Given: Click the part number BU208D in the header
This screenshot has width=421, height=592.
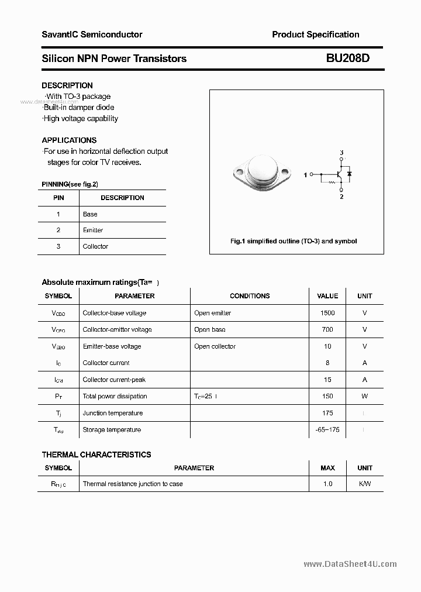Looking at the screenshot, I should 348,58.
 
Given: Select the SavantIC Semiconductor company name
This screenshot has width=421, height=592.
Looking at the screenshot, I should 92,35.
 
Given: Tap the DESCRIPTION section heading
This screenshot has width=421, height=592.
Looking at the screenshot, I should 67,85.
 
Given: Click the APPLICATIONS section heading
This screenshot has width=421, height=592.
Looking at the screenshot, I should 69,140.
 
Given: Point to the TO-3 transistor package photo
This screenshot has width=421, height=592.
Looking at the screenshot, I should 261,172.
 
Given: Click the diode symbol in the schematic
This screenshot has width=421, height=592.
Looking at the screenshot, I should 349,174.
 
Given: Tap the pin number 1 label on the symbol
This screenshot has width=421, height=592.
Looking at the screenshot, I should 305,175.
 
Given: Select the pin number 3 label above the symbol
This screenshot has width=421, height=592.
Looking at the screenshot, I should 341,153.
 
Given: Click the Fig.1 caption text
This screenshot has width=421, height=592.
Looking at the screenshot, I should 293,241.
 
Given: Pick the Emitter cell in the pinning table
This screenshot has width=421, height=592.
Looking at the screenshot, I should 93,230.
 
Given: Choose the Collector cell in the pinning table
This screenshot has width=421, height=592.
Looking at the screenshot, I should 95,247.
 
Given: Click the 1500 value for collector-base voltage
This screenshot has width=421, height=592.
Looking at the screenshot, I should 327,313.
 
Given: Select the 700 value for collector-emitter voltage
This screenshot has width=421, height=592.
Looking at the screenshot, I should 327,330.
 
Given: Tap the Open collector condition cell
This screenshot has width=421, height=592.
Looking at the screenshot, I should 215,346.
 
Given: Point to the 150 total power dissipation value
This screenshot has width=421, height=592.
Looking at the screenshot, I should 327,397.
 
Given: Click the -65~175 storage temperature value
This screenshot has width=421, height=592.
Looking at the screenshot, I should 327,430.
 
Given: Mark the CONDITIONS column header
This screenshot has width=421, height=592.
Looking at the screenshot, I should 250,296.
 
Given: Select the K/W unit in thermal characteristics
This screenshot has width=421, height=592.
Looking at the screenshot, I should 364,484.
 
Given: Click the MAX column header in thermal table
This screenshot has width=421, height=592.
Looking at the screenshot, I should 327,468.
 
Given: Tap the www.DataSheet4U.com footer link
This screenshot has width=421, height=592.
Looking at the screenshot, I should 350,564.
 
